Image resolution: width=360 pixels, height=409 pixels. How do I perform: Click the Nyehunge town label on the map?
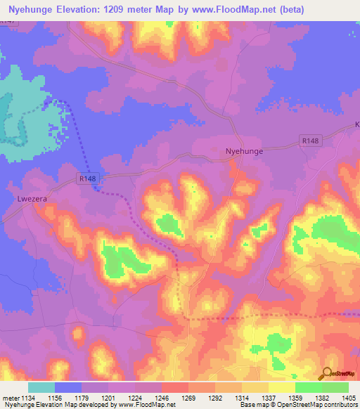(243, 150)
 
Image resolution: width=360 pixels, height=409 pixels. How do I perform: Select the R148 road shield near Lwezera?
(87, 179)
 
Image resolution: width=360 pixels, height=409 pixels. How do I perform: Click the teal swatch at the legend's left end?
(41, 387)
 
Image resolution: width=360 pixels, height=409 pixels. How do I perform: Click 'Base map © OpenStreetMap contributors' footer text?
(298, 405)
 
